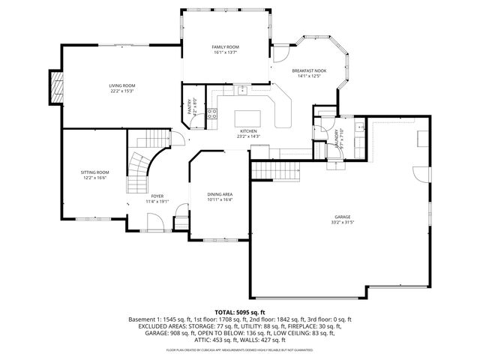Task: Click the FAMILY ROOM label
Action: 226,47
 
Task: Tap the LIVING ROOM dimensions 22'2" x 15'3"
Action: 121,91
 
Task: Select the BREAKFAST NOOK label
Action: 309,70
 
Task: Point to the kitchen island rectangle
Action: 249,118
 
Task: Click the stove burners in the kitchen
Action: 212,114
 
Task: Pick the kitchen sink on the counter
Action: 242,91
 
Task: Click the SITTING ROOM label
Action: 95,172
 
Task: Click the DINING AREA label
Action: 220,195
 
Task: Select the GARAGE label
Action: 341,217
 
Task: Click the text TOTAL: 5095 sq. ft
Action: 240,311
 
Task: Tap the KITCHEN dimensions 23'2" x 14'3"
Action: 248,136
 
